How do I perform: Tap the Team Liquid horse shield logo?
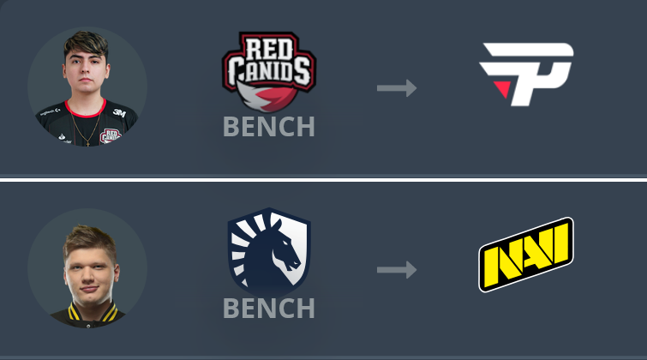coord(269,252)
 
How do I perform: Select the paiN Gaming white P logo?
coord(526,75)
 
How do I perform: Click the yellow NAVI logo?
coord(526,255)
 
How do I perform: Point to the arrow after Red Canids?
coord(397,88)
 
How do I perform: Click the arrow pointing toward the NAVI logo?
coord(397,270)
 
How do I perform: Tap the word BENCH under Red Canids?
coord(268,127)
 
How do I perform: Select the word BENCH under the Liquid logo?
coord(268,309)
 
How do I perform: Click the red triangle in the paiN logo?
coord(503,88)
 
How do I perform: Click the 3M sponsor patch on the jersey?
coord(119,112)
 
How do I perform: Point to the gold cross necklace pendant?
coord(88,143)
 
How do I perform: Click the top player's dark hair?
coord(86,45)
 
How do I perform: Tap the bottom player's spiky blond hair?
coord(88,239)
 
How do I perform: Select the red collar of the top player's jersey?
coord(86,110)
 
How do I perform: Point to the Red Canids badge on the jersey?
coord(110,135)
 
